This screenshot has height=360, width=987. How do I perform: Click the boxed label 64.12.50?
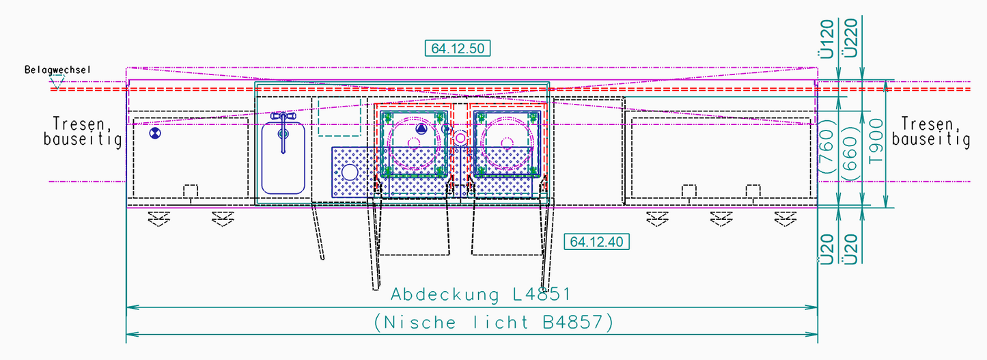(458, 48)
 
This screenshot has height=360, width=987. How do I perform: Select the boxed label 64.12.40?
(596, 241)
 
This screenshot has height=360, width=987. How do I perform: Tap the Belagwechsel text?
(58, 70)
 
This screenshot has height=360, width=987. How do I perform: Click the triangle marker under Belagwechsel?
(57, 81)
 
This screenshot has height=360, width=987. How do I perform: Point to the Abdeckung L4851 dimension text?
(481, 294)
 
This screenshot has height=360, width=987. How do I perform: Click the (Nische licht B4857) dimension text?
(493, 322)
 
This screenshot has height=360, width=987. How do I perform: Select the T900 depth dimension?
(876, 141)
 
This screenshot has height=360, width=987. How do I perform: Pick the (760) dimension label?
(826, 146)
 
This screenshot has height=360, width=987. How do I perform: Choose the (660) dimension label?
(850, 154)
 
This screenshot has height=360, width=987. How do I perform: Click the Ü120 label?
(826, 39)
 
